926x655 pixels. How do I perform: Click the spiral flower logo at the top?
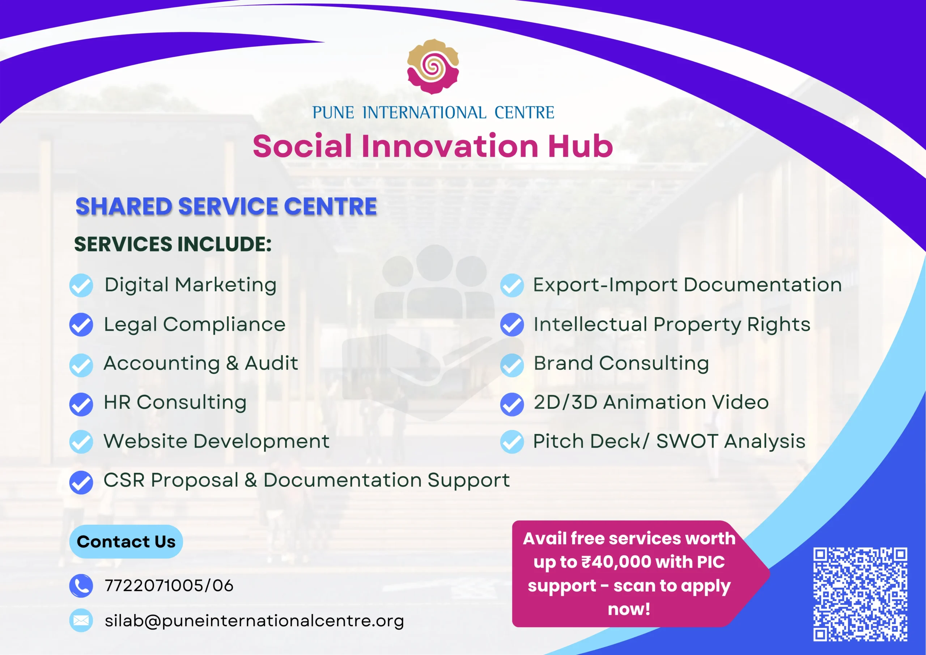click(433, 67)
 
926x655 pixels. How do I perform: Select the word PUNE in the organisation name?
click(333, 113)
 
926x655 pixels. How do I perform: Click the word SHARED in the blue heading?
click(124, 206)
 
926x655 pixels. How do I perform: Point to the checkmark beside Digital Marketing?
click(81, 285)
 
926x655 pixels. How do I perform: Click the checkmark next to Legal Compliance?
click(81, 325)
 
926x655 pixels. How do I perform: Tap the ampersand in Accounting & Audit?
click(232, 363)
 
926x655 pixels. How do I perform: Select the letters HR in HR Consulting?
click(117, 402)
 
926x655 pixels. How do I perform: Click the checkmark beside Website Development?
click(81, 442)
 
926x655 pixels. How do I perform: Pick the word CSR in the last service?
click(124, 480)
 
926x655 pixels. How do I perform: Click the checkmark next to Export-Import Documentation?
click(512, 285)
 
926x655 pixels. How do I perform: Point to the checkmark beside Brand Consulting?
click(512, 365)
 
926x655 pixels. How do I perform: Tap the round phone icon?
click(81, 586)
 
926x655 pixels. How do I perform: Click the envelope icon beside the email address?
click(81, 620)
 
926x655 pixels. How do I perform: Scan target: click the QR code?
click(860, 595)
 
